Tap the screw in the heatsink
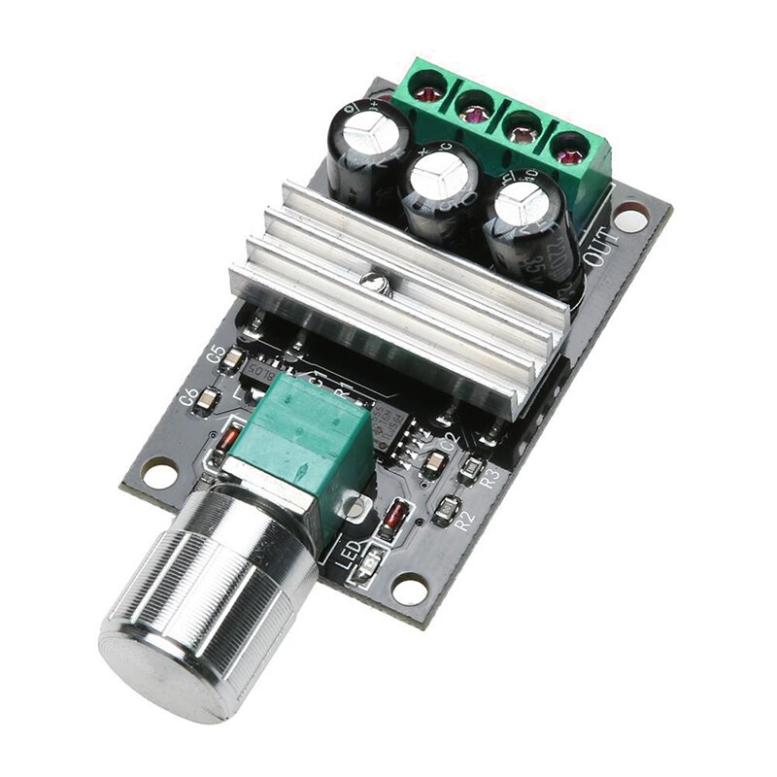371,283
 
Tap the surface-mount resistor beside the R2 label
450,505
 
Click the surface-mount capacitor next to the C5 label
233,360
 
